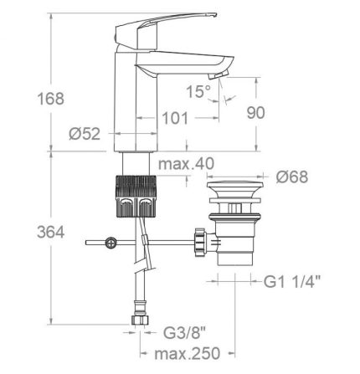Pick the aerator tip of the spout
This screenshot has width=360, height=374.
click(x=220, y=75)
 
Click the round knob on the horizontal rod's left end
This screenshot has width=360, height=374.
click(x=109, y=243)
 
